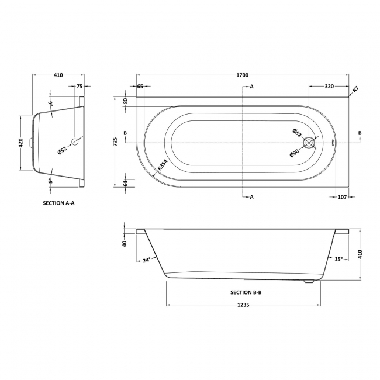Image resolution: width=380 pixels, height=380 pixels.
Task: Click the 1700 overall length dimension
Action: (243, 75)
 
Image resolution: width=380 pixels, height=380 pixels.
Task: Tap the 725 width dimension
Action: (116, 140)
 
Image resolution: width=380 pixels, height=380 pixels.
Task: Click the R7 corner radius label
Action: (355, 89)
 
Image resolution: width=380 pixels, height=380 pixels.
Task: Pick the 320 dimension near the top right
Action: (329, 87)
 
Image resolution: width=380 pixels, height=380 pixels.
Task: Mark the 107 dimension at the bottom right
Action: (343, 196)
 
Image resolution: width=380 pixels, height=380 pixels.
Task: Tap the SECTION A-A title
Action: (59, 204)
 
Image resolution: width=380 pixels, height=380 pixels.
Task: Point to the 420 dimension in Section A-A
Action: (20, 142)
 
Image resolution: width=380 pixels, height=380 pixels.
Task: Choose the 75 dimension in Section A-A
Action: (80, 87)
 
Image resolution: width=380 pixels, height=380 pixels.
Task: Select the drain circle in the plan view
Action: (309, 141)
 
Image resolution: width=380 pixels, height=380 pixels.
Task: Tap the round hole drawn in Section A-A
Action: (74, 141)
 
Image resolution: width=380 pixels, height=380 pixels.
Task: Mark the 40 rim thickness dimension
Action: (125, 244)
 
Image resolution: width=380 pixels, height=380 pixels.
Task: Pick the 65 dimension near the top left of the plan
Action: (140, 87)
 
